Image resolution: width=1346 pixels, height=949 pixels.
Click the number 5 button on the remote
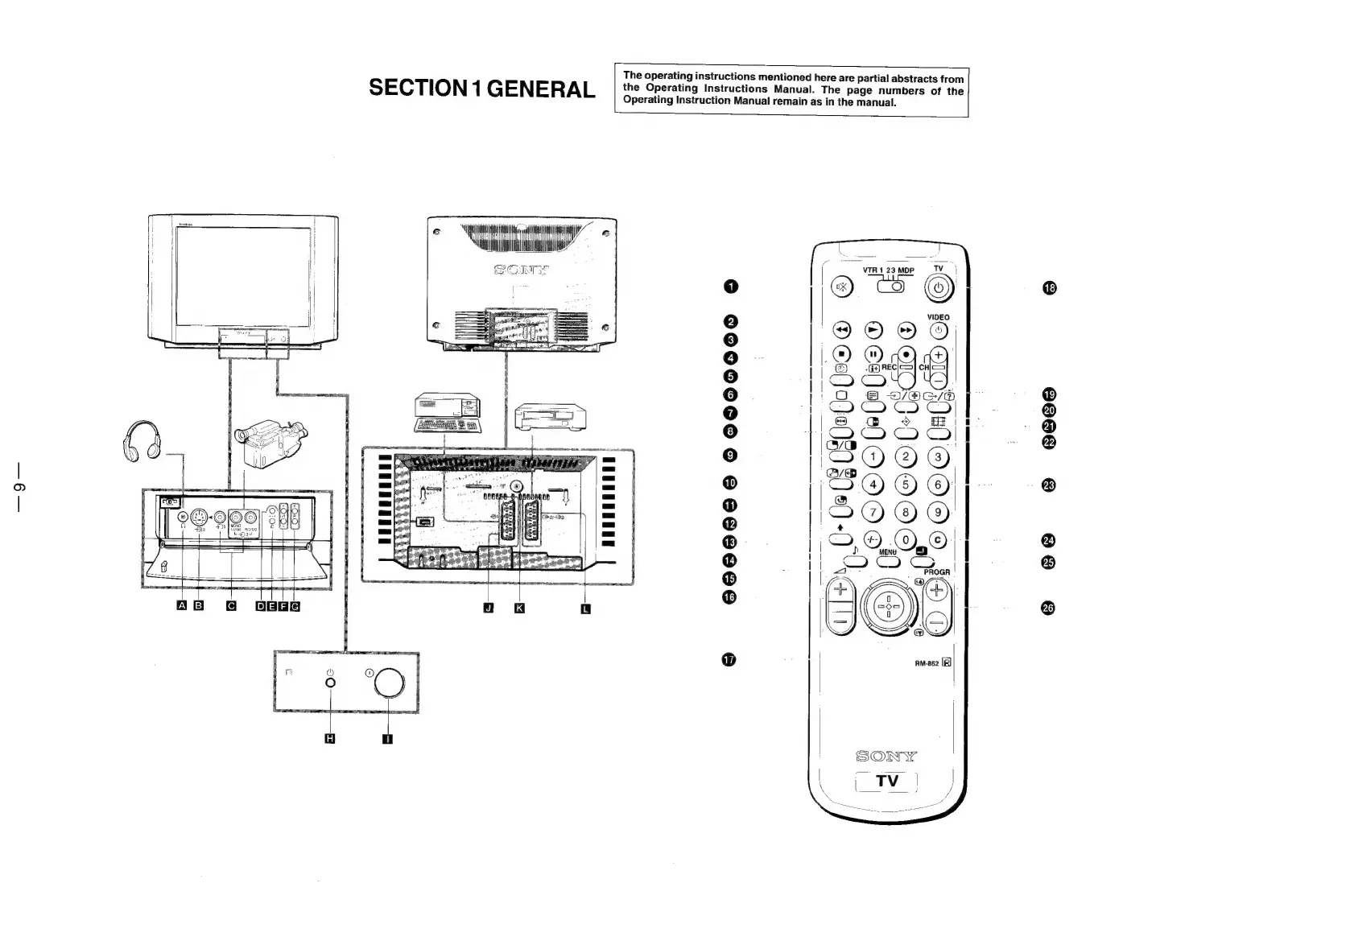point(906,485)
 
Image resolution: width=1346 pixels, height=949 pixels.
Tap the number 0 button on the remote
point(906,539)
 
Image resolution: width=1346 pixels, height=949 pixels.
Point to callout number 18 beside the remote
point(1048,288)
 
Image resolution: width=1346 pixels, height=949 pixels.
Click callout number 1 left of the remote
point(730,286)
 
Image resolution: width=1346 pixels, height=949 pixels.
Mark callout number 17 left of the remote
point(729,660)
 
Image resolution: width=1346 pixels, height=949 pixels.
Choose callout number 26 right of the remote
point(1048,608)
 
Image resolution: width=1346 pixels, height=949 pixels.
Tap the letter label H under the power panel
point(328,739)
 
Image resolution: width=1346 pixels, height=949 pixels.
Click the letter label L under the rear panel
point(585,608)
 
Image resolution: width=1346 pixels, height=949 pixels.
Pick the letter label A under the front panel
point(182,606)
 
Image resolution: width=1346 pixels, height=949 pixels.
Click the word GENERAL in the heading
point(541,89)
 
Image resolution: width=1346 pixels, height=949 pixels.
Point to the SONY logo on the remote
point(886,756)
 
